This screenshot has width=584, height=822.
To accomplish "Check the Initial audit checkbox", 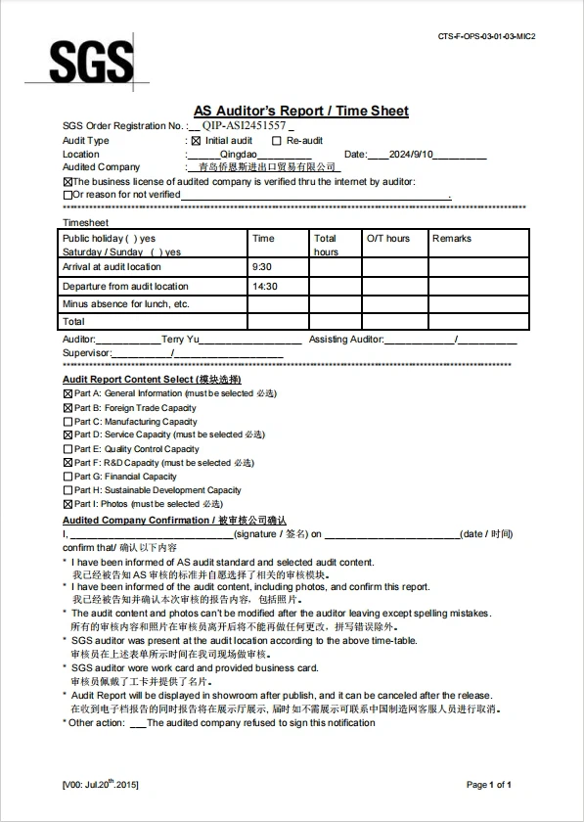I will click(x=196, y=141).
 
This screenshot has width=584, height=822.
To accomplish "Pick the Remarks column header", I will click(x=452, y=238).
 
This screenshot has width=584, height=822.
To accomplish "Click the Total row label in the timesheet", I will click(x=73, y=321).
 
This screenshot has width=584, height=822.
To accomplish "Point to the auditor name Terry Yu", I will click(x=180, y=339).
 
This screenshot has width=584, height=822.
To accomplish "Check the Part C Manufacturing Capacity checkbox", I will click(x=67, y=422).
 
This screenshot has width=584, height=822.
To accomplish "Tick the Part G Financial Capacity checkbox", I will click(x=67, y=477).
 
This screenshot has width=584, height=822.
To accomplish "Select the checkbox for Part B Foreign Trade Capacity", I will click(x=67, y=408).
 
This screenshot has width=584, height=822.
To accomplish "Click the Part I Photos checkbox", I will click(x=67, y=504).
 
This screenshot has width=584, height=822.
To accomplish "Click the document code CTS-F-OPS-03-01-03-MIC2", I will click(x=487, y=36).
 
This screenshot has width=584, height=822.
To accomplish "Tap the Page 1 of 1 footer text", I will click(x=489, y=785).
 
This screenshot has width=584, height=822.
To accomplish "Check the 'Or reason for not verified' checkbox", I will click(x=67, y=195).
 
